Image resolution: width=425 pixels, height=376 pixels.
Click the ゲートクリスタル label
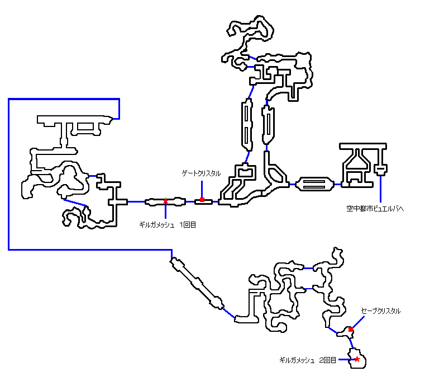click(202, 173)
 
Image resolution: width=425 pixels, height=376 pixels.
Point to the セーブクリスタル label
click(381, 311)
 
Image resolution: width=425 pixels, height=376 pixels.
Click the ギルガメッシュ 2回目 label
click(309, 360)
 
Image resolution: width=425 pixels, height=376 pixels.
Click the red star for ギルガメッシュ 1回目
click(165, 200)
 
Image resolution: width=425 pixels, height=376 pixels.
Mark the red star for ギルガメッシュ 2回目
click(357, 359)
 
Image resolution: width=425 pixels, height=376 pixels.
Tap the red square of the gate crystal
click(202, 200)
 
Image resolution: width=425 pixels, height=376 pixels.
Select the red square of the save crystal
click(350, 330)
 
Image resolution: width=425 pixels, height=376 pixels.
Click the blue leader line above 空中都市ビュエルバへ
click(380, 189)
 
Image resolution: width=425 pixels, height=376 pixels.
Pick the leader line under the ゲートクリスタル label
click(202, 187)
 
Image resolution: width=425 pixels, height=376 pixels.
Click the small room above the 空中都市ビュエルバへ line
click(380, 169)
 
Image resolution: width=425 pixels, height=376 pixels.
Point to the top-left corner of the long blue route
click(9, 100)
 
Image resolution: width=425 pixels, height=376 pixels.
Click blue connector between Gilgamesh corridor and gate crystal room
click(190, 200)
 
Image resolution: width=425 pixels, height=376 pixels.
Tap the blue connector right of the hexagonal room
click(337, 184)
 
